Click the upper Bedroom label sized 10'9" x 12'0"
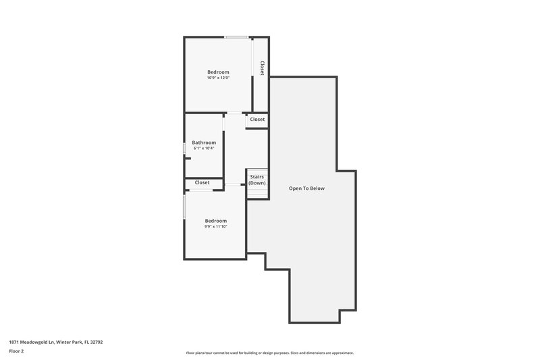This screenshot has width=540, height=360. click(218, 72)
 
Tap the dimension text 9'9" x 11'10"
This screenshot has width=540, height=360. click(216, 226)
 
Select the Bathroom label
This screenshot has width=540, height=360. click(204, 143)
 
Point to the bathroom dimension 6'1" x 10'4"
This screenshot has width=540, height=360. click(204, 149)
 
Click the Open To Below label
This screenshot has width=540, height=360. click(307, 188)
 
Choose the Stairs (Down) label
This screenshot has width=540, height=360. click(257, 180)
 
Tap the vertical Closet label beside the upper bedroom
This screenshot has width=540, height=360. click(262, 68)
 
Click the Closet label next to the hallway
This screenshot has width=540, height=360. click(257, 120)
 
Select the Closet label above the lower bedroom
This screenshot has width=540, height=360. click(202, 182)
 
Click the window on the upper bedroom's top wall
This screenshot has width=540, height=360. click(235, 37)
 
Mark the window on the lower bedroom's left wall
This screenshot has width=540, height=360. click(184, 206)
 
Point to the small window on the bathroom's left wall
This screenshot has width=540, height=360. click(184, 149)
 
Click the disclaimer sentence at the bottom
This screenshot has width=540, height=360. click(269, 353)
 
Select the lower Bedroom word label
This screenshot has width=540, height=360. click(216, 220)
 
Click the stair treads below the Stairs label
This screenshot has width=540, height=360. click(257, 192)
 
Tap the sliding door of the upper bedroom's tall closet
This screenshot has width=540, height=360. click(253, 74)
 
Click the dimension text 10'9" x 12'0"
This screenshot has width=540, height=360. click(218, 78)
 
